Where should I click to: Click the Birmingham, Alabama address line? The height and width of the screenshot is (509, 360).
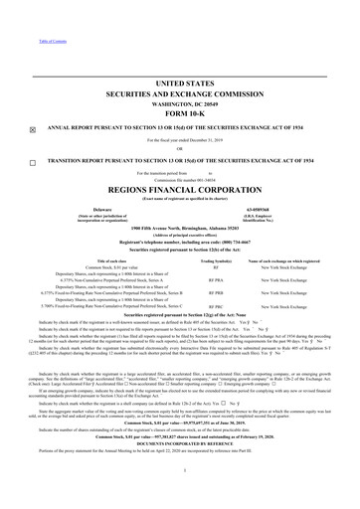click(x=180, y=227)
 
